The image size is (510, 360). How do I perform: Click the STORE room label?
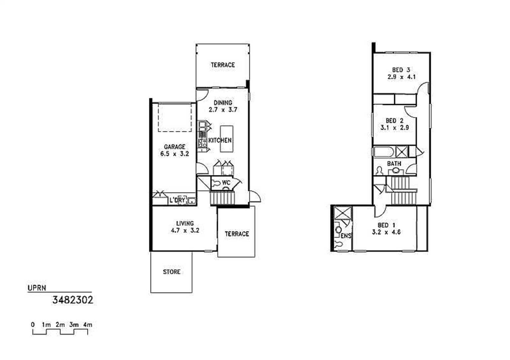pos(172,272)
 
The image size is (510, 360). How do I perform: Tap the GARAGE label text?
pos(175,147)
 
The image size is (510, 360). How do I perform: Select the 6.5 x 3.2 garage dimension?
pos(175,154)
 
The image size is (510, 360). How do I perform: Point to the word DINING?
pos(223,102)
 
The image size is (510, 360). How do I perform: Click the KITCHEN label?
pos(220,140)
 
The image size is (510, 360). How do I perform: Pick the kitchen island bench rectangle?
pos(226,139)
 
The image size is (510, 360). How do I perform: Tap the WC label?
pos(226,182)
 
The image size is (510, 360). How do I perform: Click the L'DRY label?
pos(177,200)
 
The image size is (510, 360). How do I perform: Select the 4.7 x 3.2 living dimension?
pos(185,230)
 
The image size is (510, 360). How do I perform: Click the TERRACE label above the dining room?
pos(223,65)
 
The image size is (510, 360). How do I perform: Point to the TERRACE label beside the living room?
pos(237,234)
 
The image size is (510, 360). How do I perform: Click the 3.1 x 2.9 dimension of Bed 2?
pos(395,128)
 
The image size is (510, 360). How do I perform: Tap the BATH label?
pos(394,164)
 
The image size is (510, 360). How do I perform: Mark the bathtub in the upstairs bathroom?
pos(384,152)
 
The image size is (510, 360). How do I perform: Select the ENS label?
pos(346,236)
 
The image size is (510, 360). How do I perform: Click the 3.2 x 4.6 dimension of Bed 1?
pos(386,232)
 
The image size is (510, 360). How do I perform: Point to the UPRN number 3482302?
pos(73,300)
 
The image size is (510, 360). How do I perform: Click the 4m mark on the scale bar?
pos(88,325)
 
